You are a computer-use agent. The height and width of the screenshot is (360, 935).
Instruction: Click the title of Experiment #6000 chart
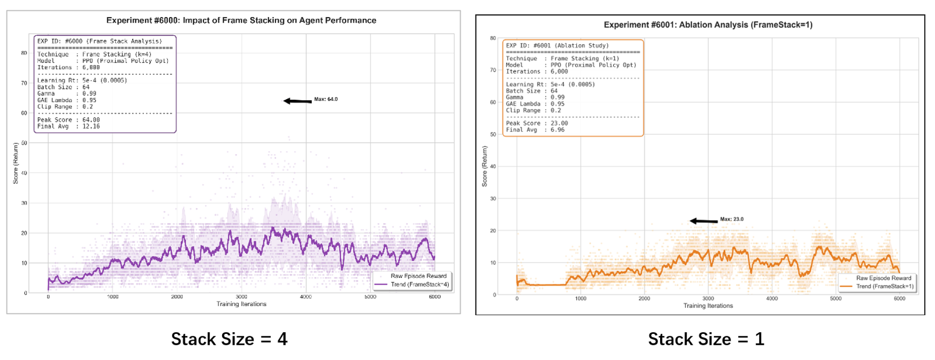[241, 20]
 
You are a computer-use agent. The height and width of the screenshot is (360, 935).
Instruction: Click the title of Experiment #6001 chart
[708, 25]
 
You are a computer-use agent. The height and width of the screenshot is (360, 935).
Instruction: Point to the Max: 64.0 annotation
[326, 99]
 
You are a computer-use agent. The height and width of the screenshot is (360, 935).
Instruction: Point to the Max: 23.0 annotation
[732, 219]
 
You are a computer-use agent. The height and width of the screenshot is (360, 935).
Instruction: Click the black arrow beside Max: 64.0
[297, 101]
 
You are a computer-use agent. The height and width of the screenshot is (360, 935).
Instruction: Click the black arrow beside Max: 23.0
[703, 221]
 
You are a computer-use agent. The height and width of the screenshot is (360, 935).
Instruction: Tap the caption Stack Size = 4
[229, 339]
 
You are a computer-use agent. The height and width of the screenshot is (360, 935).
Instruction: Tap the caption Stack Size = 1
[706, 339]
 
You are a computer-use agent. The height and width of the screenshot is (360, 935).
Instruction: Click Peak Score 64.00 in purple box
[69, 120]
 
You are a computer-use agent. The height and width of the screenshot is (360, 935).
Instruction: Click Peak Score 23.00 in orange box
[537, 123]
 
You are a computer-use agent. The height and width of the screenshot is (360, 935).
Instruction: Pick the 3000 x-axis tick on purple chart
[241, 297]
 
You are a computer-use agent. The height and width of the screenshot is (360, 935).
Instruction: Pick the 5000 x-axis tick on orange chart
[836, 298]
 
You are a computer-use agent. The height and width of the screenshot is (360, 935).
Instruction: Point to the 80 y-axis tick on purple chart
[24, 53]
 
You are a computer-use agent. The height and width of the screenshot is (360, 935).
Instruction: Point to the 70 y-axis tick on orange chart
[492, 70]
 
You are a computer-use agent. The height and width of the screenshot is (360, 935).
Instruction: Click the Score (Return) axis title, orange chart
[484, 166]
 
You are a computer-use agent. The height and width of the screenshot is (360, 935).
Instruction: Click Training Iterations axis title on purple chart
[241, 304]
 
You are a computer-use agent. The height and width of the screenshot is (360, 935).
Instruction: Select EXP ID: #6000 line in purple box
[99, 41]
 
